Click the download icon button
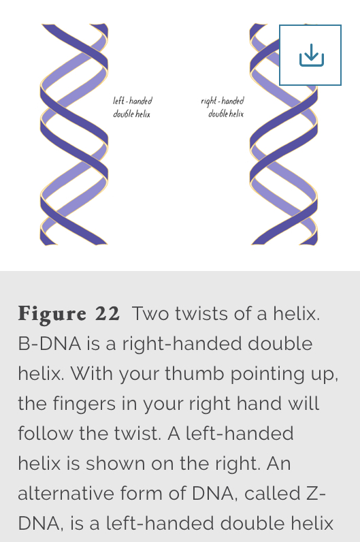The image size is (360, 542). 310,55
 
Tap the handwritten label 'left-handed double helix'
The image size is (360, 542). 132,107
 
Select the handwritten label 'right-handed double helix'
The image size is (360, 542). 223,107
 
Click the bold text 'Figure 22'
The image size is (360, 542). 69,313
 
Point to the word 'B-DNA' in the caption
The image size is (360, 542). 50,344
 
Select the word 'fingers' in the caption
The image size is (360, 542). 96,404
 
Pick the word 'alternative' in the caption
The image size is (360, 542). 65,493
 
